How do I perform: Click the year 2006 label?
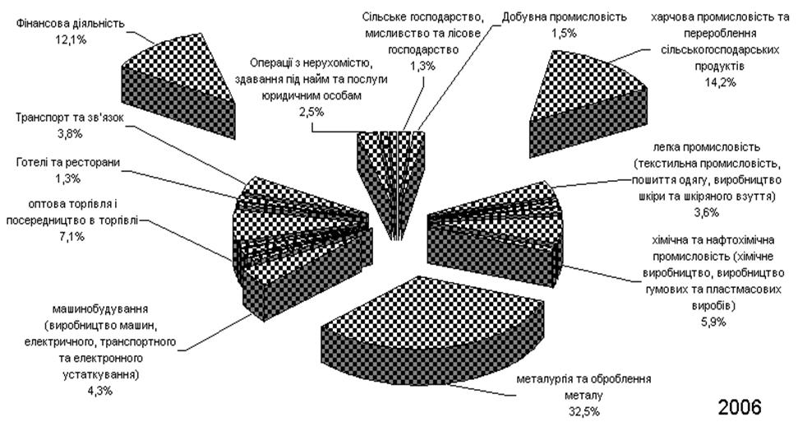click(x=740, y=406)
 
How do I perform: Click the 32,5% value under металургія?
click(x=584, y=411)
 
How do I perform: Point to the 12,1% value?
click(x=71, y=39)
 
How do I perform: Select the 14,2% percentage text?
click(x=720, y=82)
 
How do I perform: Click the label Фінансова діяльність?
click(x=70, y=23)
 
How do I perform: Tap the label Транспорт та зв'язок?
click(x=70, y=118)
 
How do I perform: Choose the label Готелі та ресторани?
click(x=68, y=163)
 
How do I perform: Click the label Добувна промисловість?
click(x=564, y=16)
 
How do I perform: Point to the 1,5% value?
click(x=564, y=33)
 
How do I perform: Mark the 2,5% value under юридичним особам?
click(x=312, y=112)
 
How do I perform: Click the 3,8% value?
click(x=70, y=134)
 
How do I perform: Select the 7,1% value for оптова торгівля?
click(x=71, y=236)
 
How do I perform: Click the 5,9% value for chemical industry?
click(x=713, y=322)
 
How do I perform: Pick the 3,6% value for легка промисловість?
click(x=707, y=212)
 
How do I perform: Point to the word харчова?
click(x=671, y=17)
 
